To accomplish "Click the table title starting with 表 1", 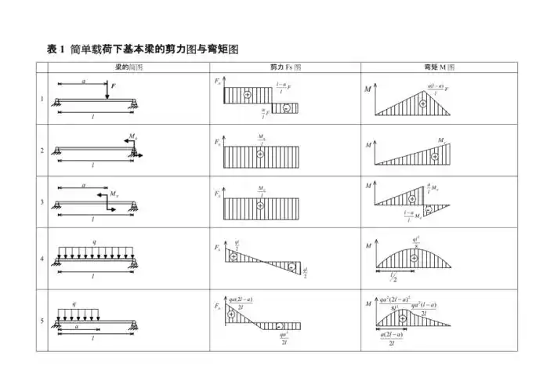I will pos(142,49).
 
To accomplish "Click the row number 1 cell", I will pos(42,99).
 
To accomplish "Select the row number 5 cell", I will pos(42,321).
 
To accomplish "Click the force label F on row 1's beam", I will pos(113,85).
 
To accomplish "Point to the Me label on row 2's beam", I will pos(133,137).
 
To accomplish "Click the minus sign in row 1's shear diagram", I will pos(288,107).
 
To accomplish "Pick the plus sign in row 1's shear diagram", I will pos(247,95).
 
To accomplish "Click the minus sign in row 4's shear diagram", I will pos(291,267).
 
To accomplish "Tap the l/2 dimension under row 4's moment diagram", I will pos(395,277).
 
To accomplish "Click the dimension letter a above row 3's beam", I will pos(83,185).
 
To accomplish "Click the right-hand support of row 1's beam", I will pos(135,102).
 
